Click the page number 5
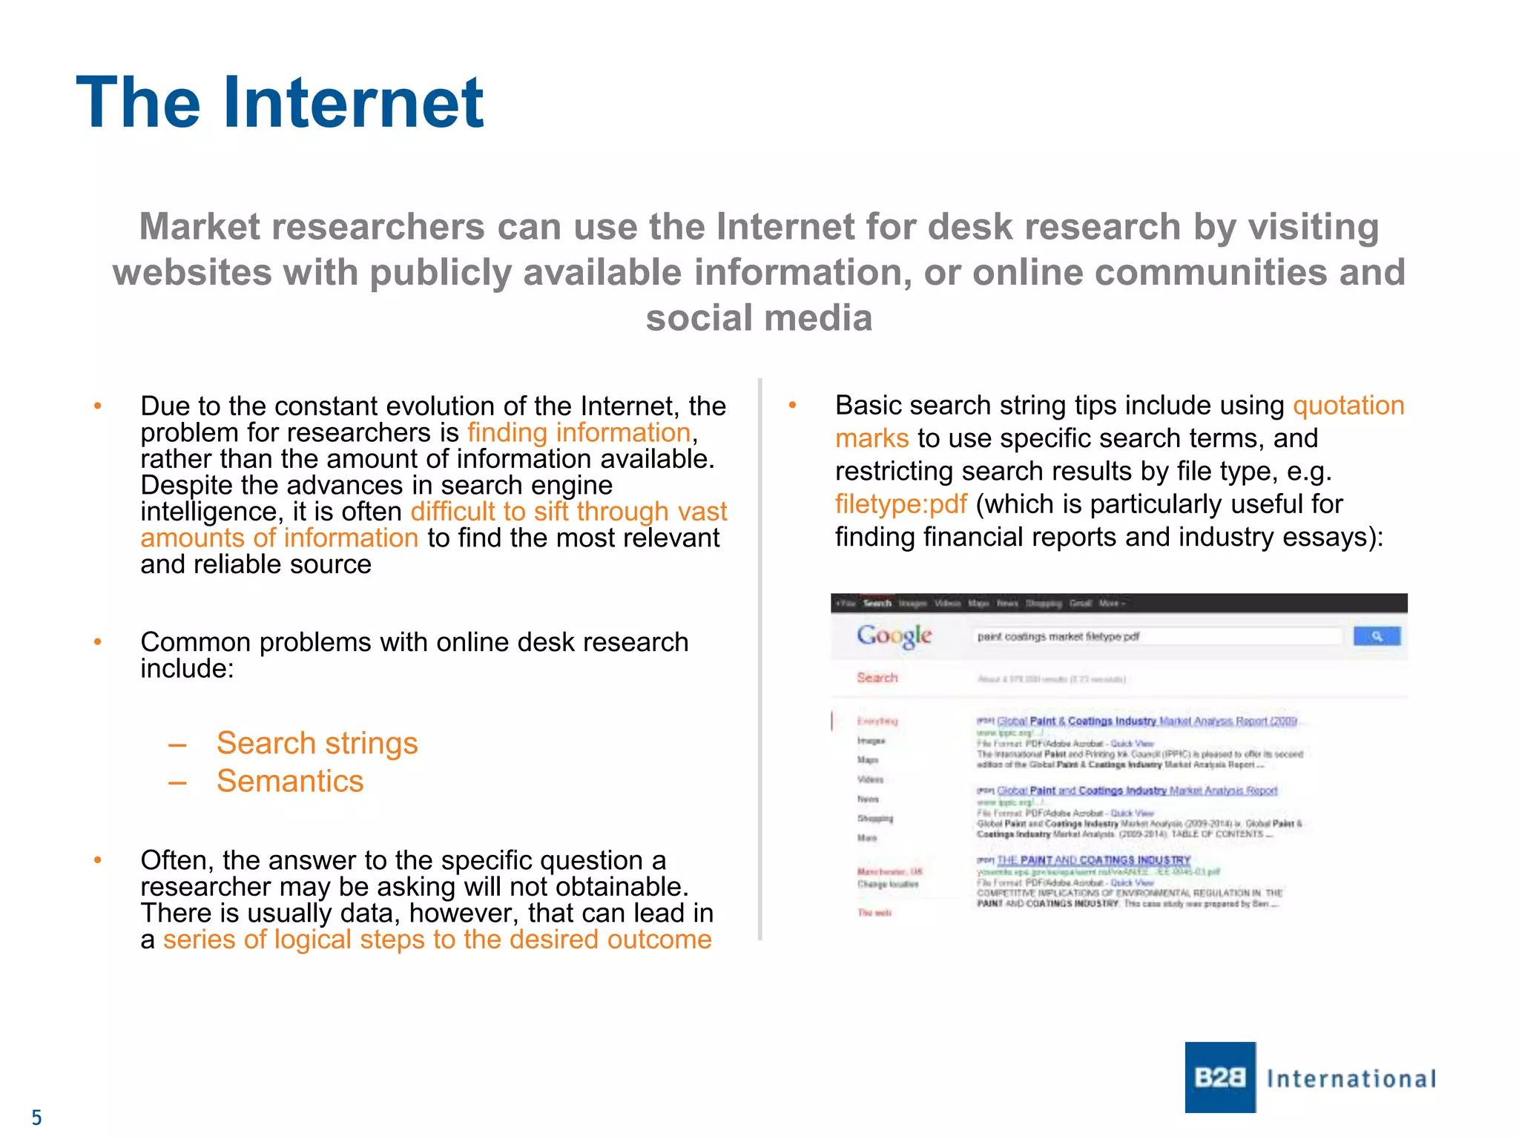pyautogui.click(x=36, y=1117)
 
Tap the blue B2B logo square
pyautogui.click(x=1219, y=1077)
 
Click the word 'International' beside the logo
pyautogui.click(x=1351, y=1079)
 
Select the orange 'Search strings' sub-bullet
pyautogui.click(x=317, y=743)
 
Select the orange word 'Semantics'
pyautogui.click(x=290, y=782)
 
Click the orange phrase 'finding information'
pyautogui.click(x=579, y=433)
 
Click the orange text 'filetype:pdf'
pyautogui.click(x=900, y=504)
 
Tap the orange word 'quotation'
pyautogui.click(x=1348, y=406)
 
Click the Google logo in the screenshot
pyautogui.click(x=894, y=635)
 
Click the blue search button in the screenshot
pyautogui.click(x=1376, y=636)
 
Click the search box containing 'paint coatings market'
pyautogui.click(x=1157, y=636)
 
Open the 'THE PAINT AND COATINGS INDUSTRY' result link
pyautogui.click(x=1093, y=860)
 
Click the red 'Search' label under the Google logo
pyautogui.click(x=877, y=678)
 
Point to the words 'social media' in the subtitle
pyautogui.click(x=759, y=318)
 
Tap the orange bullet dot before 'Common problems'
pyautogui.click(x=97, y=642)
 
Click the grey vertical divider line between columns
pyautogui.click(x=760, y=660)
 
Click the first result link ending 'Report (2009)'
pyautogui.click(x=1147, y=721)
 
